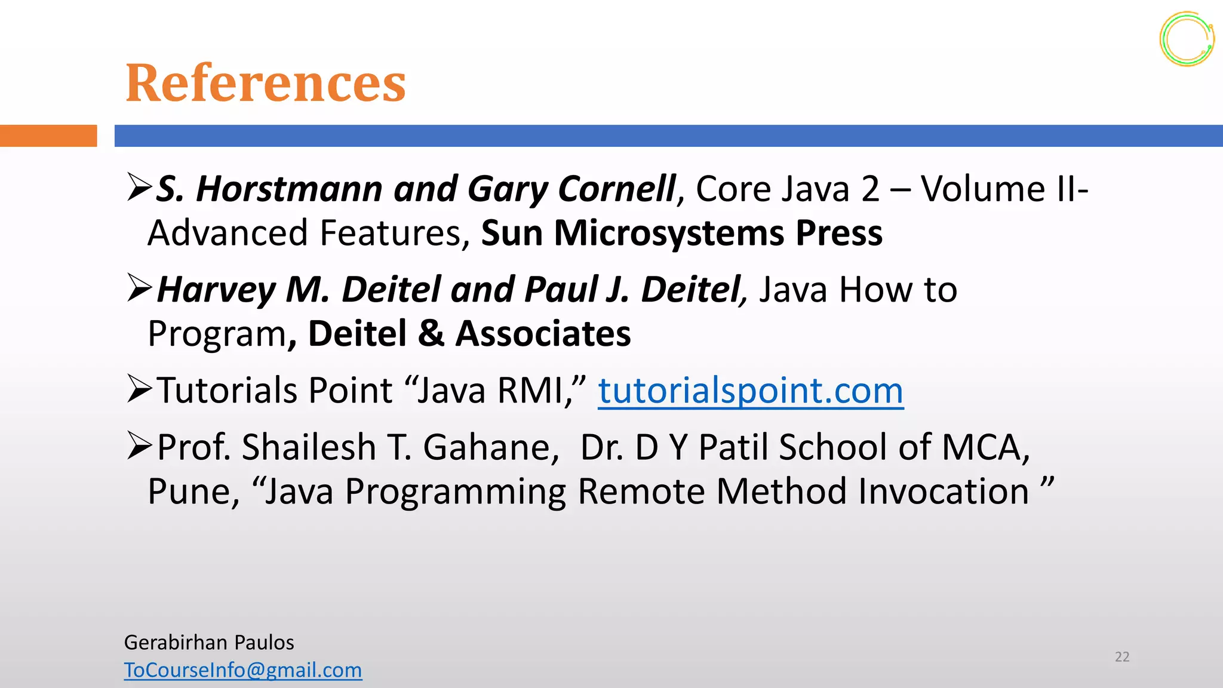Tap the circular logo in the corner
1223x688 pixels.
click(x=1187, y=39)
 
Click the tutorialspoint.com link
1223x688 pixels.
click(x=751, y=391)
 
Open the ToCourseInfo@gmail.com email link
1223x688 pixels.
click(x=243, y=670)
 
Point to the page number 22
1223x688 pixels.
click(x=1122, y=657)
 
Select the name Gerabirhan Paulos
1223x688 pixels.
click(x=209, y=643)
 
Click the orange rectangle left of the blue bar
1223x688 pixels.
click(x=48, y=136)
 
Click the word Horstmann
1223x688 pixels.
click(x=290, y=189)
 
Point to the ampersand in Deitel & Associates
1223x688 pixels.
click(x=431, y=333)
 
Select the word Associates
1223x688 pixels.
click(x=543, y=333)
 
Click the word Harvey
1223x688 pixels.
click(x=216, y=290)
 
